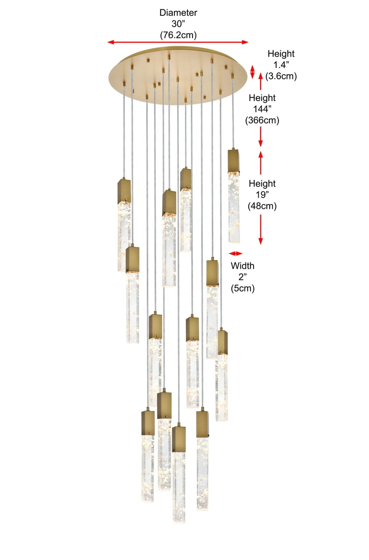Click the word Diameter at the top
coord(178,13)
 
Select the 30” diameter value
coord(178,24)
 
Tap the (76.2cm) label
coord(178,35)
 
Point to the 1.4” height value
coord(281,65)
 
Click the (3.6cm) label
coord(281,76)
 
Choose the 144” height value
coord(262,109)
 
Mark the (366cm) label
coord(262,120)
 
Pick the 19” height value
coord(262,194)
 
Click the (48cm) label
coord(262,206)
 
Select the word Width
coord(243,266)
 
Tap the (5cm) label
coord(243,288)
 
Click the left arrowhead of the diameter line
coord(110,42)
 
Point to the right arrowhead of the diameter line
coord(245,42)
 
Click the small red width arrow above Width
coord(235,254)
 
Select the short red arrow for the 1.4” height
coord(252,72)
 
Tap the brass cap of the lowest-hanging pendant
coord(179,439)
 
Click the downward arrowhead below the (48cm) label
coord(260,241)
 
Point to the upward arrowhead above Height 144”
coord(260,76)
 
